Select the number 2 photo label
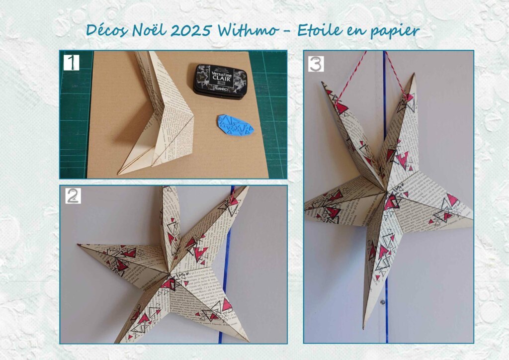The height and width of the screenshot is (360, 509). (73, 196)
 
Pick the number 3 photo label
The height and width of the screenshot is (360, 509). (316, 64)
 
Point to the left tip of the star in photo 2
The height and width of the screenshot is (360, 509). (79, 245)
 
